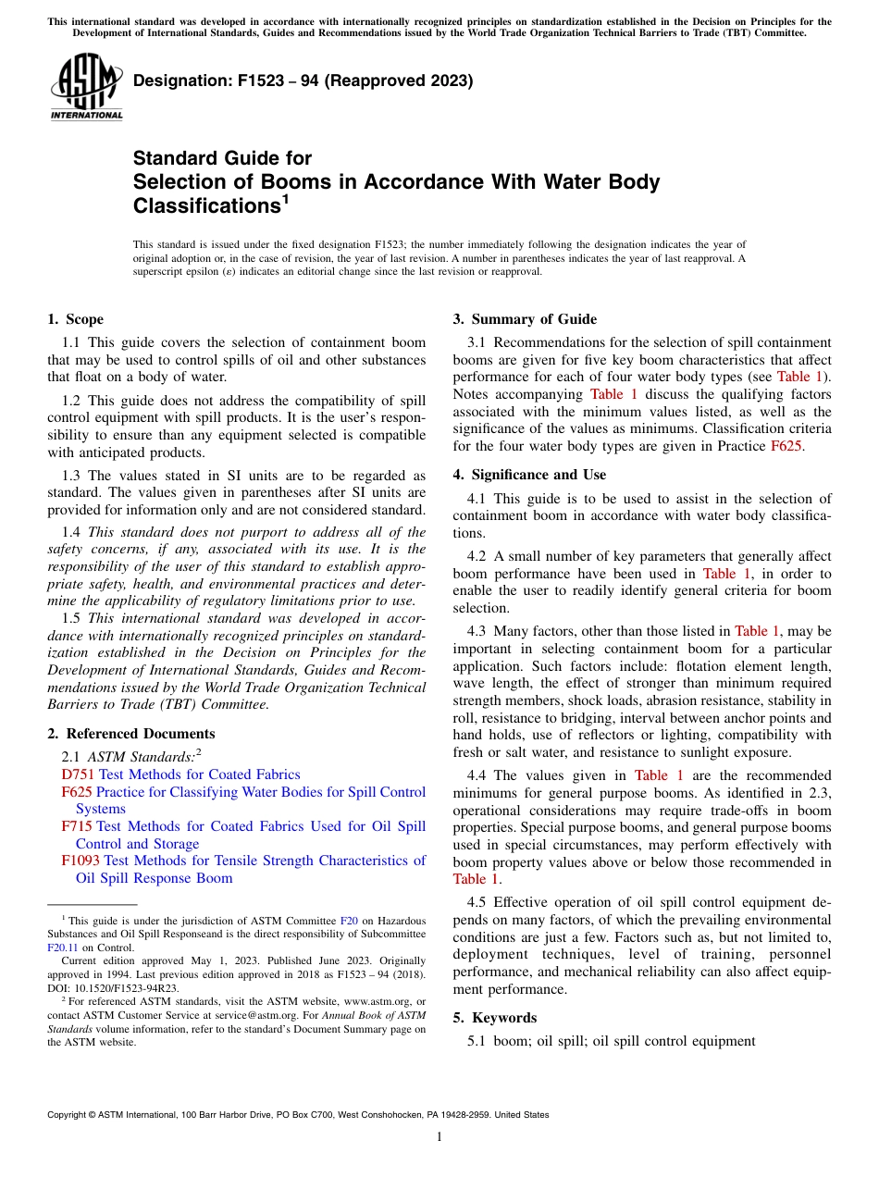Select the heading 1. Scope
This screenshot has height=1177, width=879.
(75, 319)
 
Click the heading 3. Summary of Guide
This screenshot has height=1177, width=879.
(525, 319)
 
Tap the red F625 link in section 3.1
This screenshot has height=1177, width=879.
(785, 446)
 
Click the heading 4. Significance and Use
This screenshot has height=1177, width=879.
(529, 475)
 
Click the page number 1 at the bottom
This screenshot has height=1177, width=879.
(439, 1136)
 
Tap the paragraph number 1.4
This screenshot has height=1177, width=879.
(71, 532)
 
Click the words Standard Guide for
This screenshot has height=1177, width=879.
(222, 158)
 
